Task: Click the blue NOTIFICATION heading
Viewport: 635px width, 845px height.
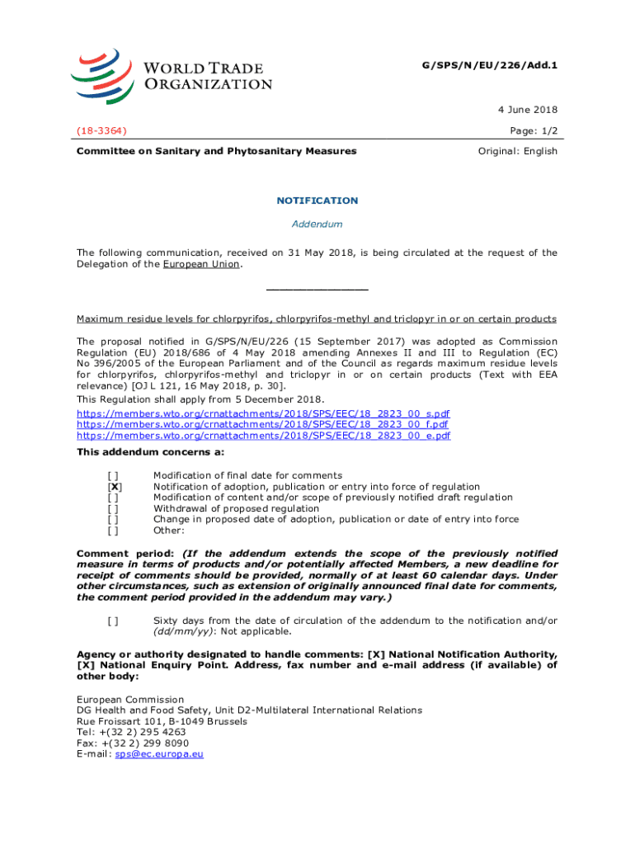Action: click(x=317, y=201)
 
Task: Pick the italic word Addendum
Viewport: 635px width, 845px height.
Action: click(x=317, y=224)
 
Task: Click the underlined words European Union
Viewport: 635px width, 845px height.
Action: click(x=201, y=264)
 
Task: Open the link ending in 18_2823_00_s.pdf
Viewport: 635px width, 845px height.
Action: click(x=263, y=413)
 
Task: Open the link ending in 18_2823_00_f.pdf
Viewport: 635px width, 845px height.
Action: click(x=263, y=424)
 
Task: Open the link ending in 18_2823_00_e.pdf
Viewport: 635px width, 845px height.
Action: click(x=263, y=435)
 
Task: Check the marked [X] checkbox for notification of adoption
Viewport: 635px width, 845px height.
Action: click(x=115, y=487)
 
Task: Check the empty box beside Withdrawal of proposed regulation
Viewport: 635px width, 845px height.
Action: click(x=114, y=508)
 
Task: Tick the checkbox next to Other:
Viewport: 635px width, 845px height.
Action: click(x=114, y=531)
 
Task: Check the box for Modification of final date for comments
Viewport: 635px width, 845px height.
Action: click(x=114, y=475)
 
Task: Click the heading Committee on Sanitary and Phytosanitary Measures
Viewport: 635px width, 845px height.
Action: click(x=216, y=151)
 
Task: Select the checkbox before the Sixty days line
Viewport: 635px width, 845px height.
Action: click(x=114, y=621)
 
